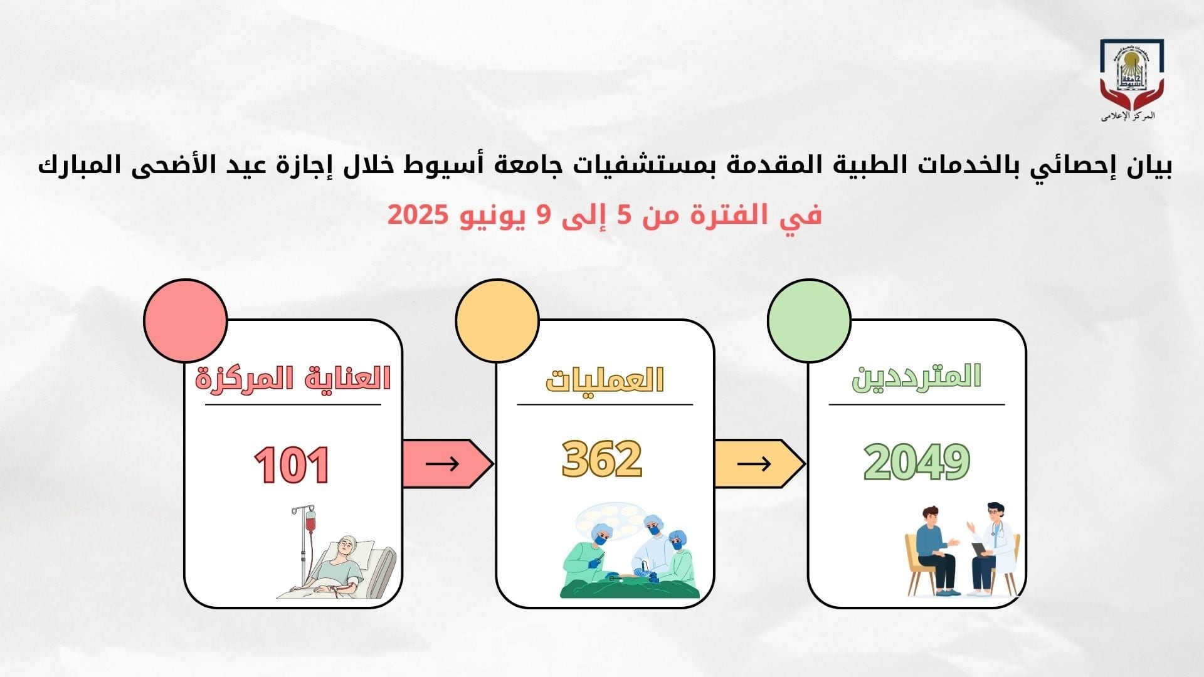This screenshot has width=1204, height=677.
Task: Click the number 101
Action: click(x=292, y=464)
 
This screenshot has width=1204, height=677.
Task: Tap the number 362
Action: click(x=602, y=458)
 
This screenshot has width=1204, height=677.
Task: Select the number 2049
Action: click(x=917, y=462)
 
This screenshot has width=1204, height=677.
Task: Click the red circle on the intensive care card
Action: click(x=186, y=320)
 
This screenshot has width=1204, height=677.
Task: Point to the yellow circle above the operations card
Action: click(x=497, y=320)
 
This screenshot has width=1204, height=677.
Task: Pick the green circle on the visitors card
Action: click(x=810, y=320)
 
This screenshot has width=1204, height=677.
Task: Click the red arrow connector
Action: click(x=446, y=464)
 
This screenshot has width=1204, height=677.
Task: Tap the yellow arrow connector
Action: click(x=759, y=464)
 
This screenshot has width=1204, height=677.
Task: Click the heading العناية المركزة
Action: click(x=293, y=379)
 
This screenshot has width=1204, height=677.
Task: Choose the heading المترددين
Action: click(x=916, y=377)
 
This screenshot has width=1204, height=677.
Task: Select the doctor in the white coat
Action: click(x=991, y=548)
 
